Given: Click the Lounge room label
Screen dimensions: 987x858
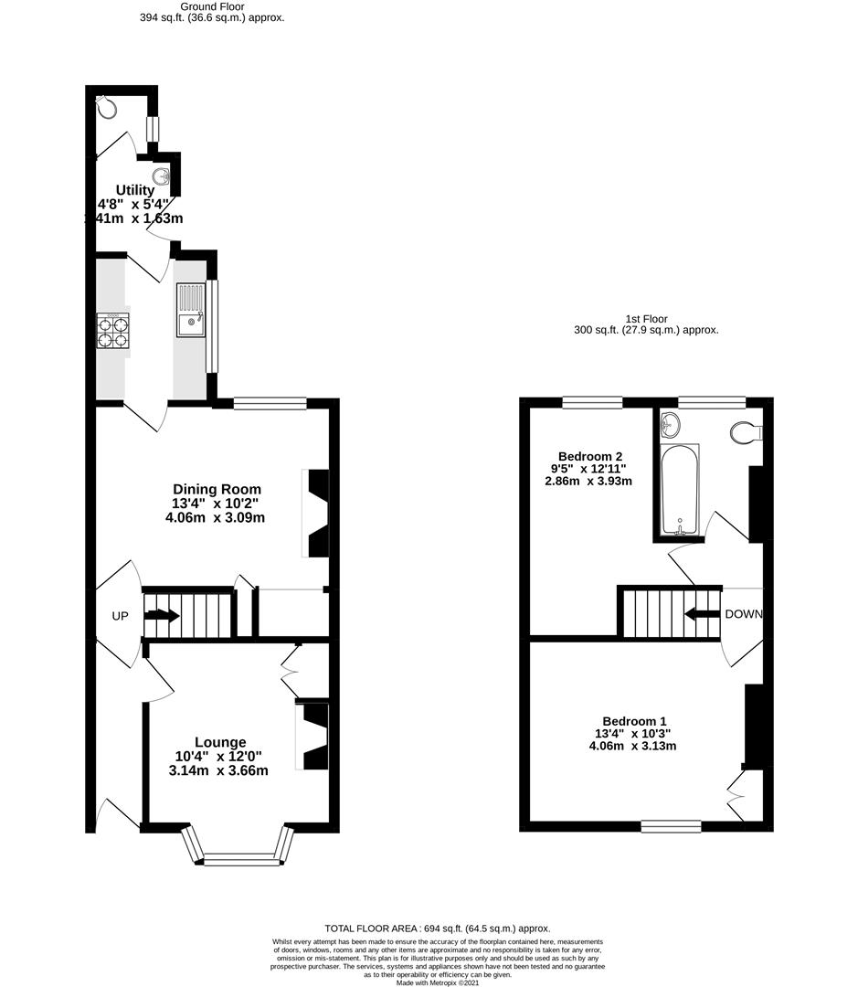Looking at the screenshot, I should [219, 742].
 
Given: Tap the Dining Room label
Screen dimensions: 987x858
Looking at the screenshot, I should [217, 489].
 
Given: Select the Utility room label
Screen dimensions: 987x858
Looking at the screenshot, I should [134, 190].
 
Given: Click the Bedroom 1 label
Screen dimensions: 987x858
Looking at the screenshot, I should [633, 719].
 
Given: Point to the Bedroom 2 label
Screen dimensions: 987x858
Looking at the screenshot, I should [590, 457].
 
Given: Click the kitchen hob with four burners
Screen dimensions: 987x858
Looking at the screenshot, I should [113, 330].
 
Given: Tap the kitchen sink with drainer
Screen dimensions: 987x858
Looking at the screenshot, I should [191, 309].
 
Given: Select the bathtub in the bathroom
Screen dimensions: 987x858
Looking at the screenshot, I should [679, 489].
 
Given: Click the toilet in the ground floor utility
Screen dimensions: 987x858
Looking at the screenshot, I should [108, 106].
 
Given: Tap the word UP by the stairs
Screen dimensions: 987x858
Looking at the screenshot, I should [120, 616].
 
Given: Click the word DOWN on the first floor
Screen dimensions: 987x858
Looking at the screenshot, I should [743, 613].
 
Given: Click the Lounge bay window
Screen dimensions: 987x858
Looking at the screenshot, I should [240, 857].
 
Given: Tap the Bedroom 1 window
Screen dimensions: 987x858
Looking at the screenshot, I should [671, 826].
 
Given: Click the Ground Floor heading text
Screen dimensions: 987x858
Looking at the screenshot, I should [212, 6].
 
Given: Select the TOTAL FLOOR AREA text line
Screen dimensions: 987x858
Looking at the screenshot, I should [438, 928].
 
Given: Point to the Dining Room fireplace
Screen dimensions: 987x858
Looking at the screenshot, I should [316, 513].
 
